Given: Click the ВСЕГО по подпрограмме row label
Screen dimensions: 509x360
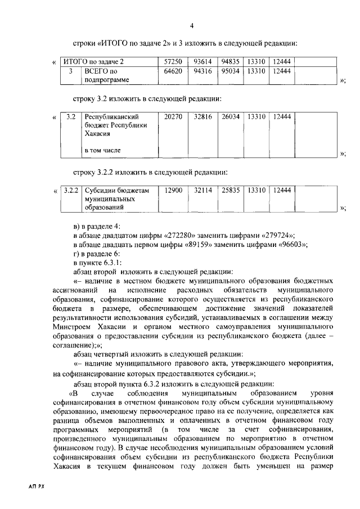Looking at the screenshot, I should [x=106, y=75].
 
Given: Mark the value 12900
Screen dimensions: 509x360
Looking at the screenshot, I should [x=173, y=191].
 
